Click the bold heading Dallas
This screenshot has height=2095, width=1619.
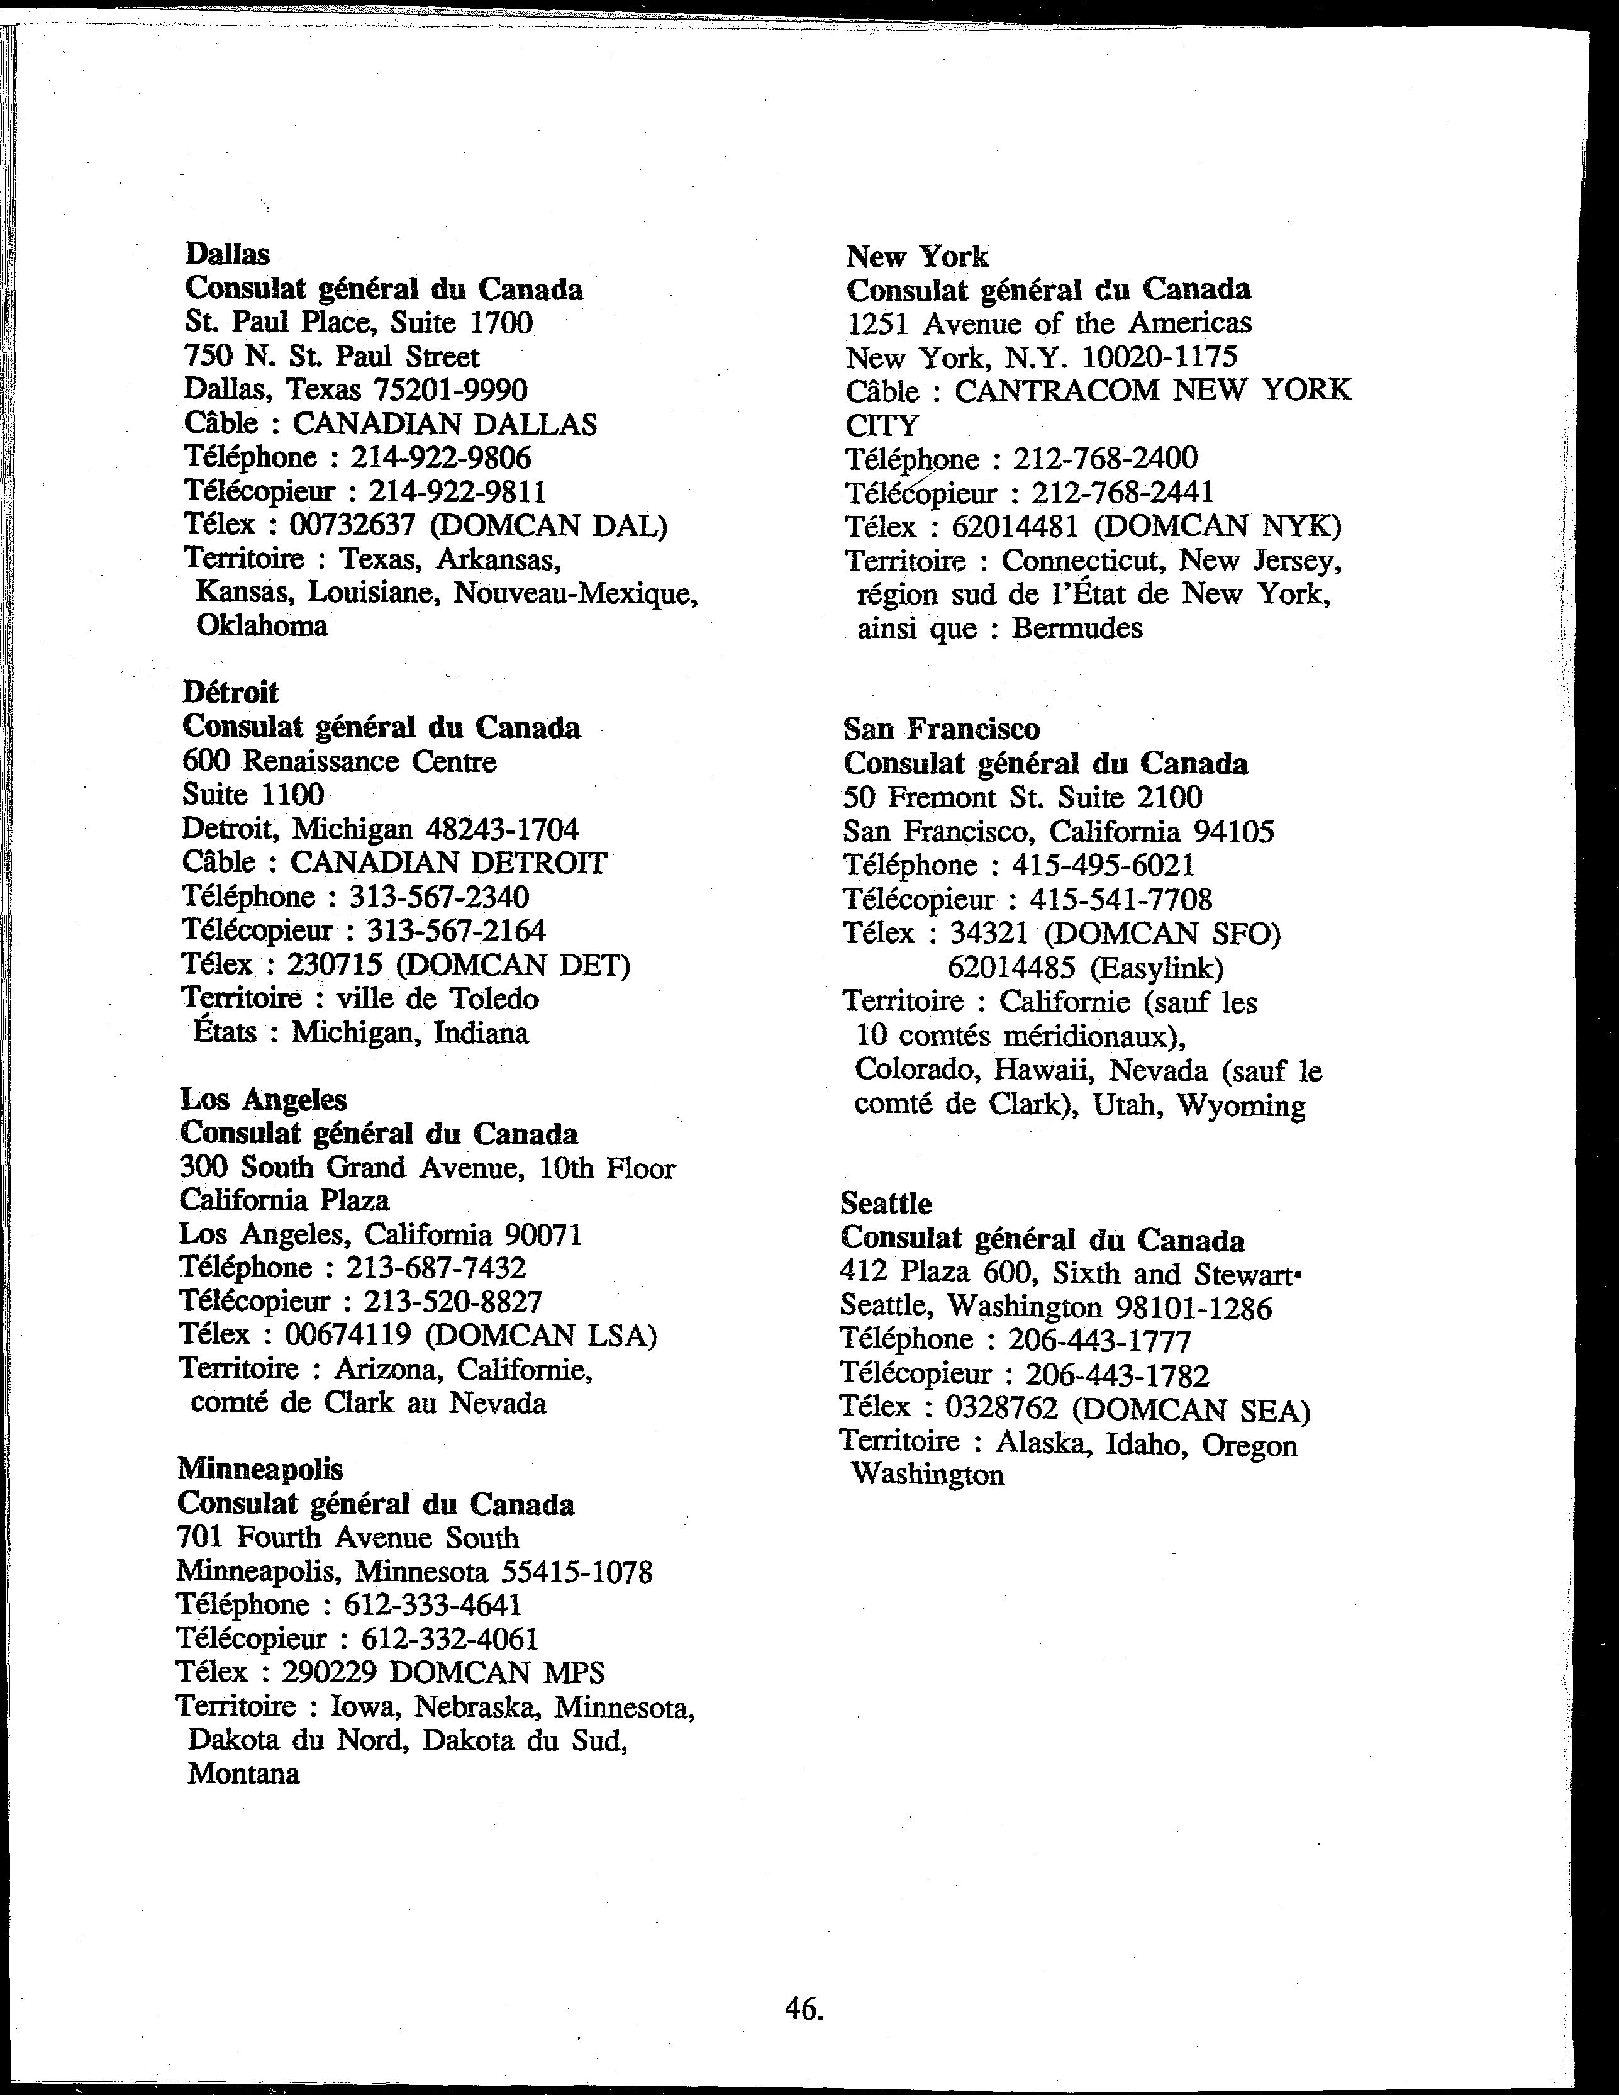tap(227, 254)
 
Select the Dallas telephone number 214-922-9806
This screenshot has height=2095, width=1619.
tap(440, 457)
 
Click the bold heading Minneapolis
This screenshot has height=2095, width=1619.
tap(260, 1468)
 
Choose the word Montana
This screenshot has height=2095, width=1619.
tap(243, 1774)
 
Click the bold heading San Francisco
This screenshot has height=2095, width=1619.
tap(941, 729)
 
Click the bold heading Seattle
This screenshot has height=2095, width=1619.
tap(885, 1203)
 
